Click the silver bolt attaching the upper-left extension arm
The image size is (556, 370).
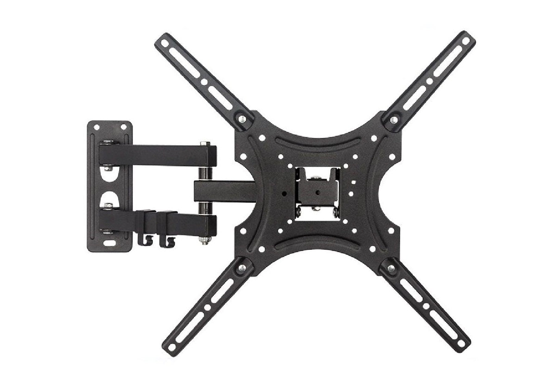point(241,120)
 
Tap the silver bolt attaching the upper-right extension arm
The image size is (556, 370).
point(393,120)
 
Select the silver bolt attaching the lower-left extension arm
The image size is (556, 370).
point(241,267)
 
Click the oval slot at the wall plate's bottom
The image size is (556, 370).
point(110,242)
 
